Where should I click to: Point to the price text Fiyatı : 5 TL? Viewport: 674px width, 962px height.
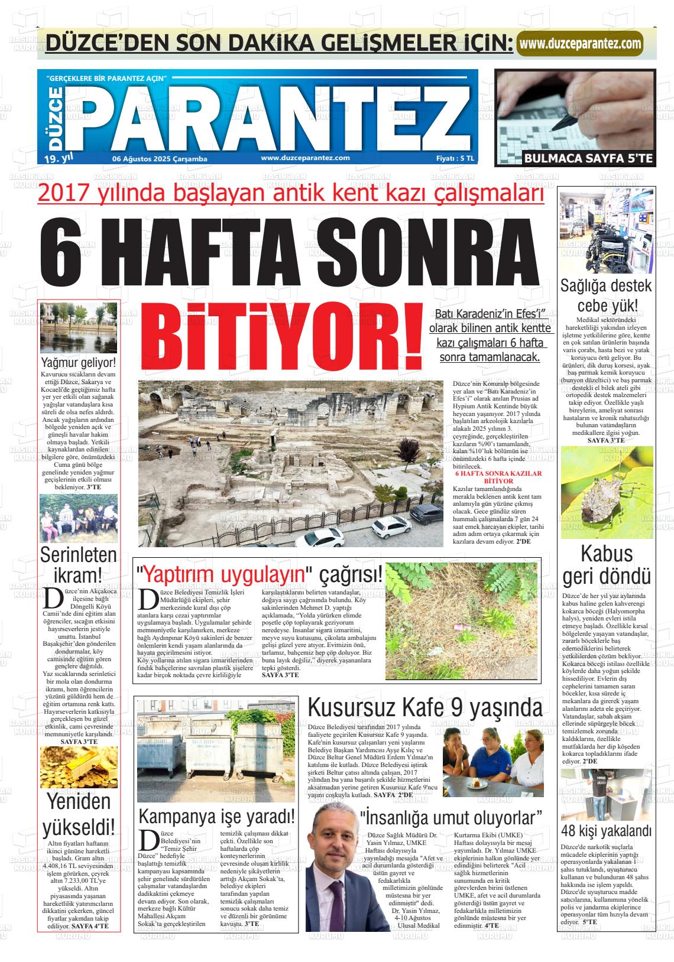(455, 158)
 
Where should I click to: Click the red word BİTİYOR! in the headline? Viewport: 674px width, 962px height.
(280, 335)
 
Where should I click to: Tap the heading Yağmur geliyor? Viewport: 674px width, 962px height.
(79, 362)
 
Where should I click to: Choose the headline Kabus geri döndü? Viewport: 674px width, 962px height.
(606, 565)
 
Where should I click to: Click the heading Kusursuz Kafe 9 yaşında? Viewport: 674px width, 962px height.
(425, 707)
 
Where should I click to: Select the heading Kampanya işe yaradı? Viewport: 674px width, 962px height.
(216, 817)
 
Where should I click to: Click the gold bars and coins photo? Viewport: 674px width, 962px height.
(79, 768)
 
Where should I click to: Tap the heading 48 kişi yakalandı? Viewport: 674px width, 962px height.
(606, 831)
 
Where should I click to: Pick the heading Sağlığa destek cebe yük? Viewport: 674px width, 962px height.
(606, 295)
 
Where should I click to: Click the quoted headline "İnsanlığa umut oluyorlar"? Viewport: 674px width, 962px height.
(452, 817)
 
